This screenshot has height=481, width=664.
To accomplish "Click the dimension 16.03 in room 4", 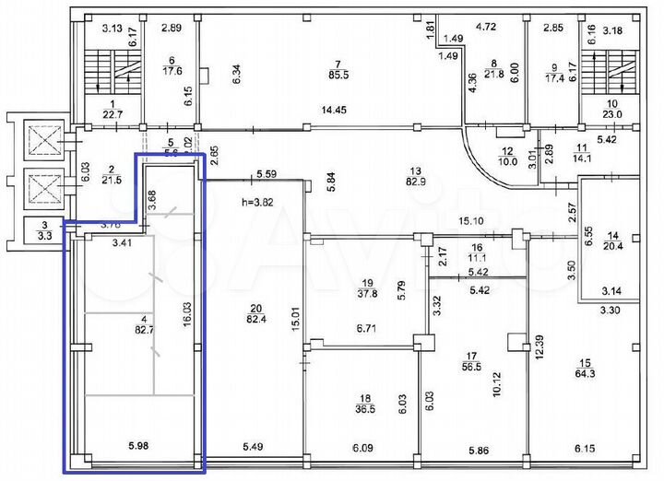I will tap(186, 316).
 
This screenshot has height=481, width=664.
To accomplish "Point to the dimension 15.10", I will tap(470, 221).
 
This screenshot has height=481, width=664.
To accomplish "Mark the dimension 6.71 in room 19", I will tap(364, 328).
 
